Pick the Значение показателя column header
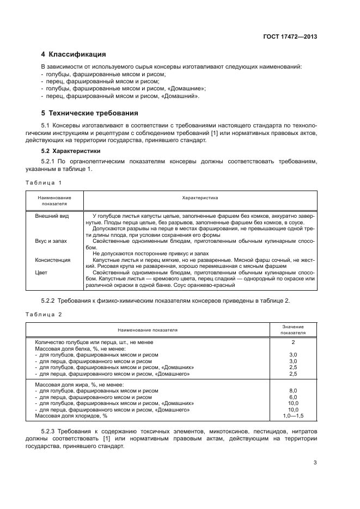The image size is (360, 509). tap(293, 329)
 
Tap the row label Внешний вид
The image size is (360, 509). tap(52, 216)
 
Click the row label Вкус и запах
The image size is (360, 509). tap(53, 241)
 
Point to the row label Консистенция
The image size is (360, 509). tap(53, 260)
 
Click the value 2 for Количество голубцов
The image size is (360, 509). tap(293, 342)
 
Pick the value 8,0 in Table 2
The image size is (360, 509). tap(293, 390)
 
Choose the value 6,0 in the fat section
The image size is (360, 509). tap(293, 397)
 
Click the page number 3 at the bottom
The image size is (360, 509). tap(315, 463)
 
